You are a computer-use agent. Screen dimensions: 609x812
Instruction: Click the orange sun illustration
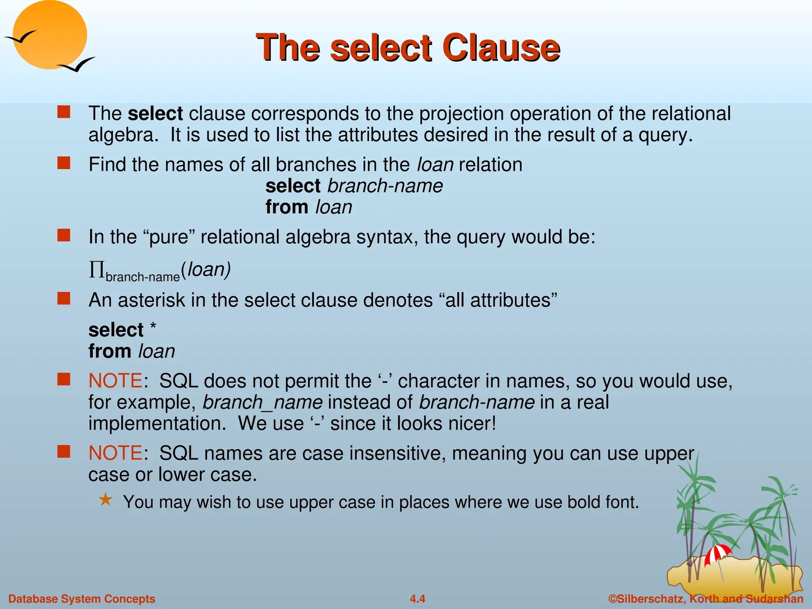coord(50,35)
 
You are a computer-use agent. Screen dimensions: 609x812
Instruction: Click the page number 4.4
coord(417,599)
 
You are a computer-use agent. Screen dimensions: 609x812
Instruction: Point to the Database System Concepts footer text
coord(82,599)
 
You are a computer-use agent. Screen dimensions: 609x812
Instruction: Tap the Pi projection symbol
coord(96,270)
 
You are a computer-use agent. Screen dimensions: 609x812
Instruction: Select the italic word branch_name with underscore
coord(262,402)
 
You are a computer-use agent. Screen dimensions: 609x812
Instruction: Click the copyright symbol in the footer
coord(613,599)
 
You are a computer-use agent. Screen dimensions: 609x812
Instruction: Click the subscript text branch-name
coord(143,277)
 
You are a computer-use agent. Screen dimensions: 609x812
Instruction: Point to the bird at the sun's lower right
coord(77,65)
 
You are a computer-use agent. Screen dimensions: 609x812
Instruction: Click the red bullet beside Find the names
coord(64,163)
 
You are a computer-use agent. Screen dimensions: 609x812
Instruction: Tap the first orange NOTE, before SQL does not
coord(115,381)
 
